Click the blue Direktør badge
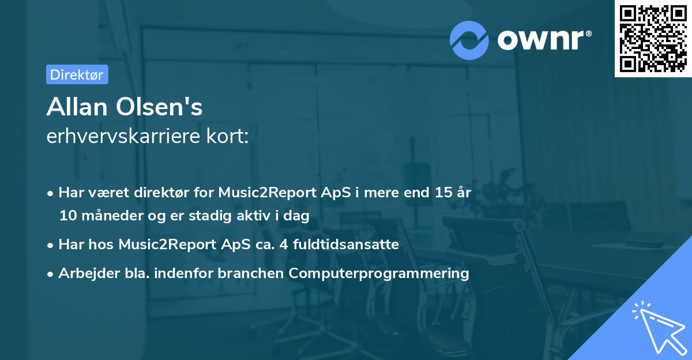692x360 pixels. [x=77, y=74]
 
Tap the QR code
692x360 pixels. [x=653, y=39]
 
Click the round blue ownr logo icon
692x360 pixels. [x=469, y=40]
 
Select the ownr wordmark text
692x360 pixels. [x=541, y=40]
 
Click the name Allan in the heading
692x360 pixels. [x=77, y=107]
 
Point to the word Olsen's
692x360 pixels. [x=159, y=107]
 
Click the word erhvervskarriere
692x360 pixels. [x=123, y=136]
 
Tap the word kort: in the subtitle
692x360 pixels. [x=227, y=136]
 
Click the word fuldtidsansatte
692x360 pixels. [x=346, y=245]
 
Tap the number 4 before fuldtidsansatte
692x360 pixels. [x=284, y=245]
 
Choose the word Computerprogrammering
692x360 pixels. [x=379, y=273]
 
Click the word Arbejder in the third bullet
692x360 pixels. [x=89, y=273]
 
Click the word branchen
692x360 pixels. [x=250, y=273]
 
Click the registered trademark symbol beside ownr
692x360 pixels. [x=588, y=33]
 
